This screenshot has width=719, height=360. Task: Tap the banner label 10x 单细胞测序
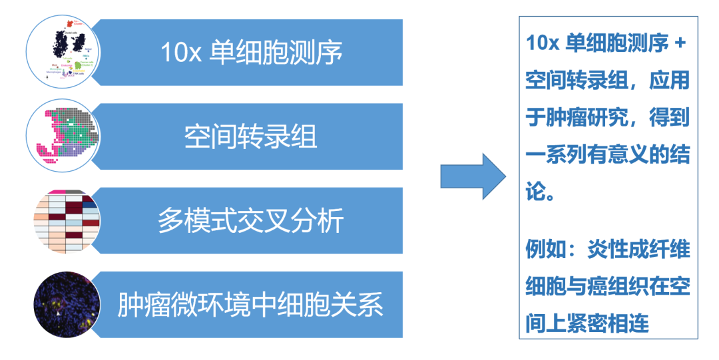252,53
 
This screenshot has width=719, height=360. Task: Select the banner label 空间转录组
250,136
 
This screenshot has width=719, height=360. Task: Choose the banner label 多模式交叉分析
250,221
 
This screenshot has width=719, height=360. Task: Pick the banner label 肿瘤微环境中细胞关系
250,305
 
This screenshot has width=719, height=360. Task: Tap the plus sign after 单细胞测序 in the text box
680,44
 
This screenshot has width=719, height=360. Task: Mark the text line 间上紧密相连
587,324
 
